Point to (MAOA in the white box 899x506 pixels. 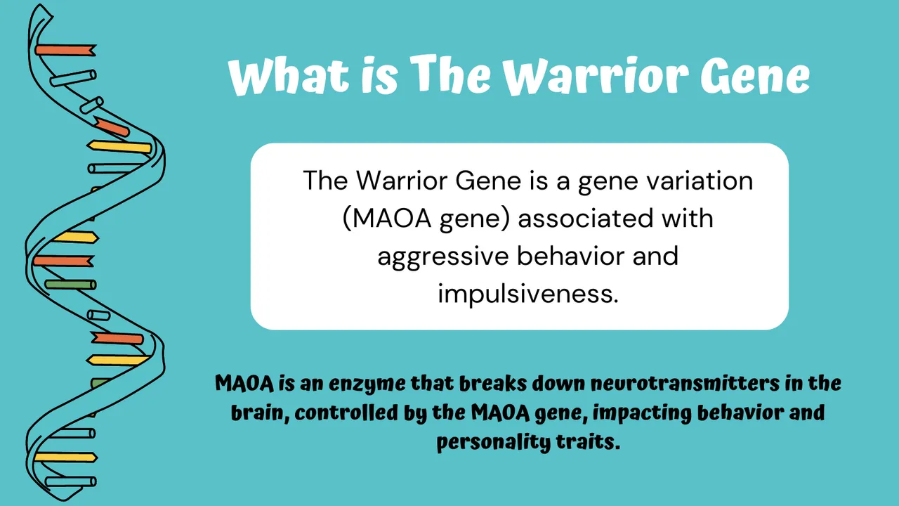tap(386, 218)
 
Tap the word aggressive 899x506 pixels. tap(442, 255)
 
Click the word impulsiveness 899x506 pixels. tap(528, 292)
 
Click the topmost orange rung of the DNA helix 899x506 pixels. tap(65, 51)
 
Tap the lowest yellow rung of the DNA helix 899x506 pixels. tap(65, 457)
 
